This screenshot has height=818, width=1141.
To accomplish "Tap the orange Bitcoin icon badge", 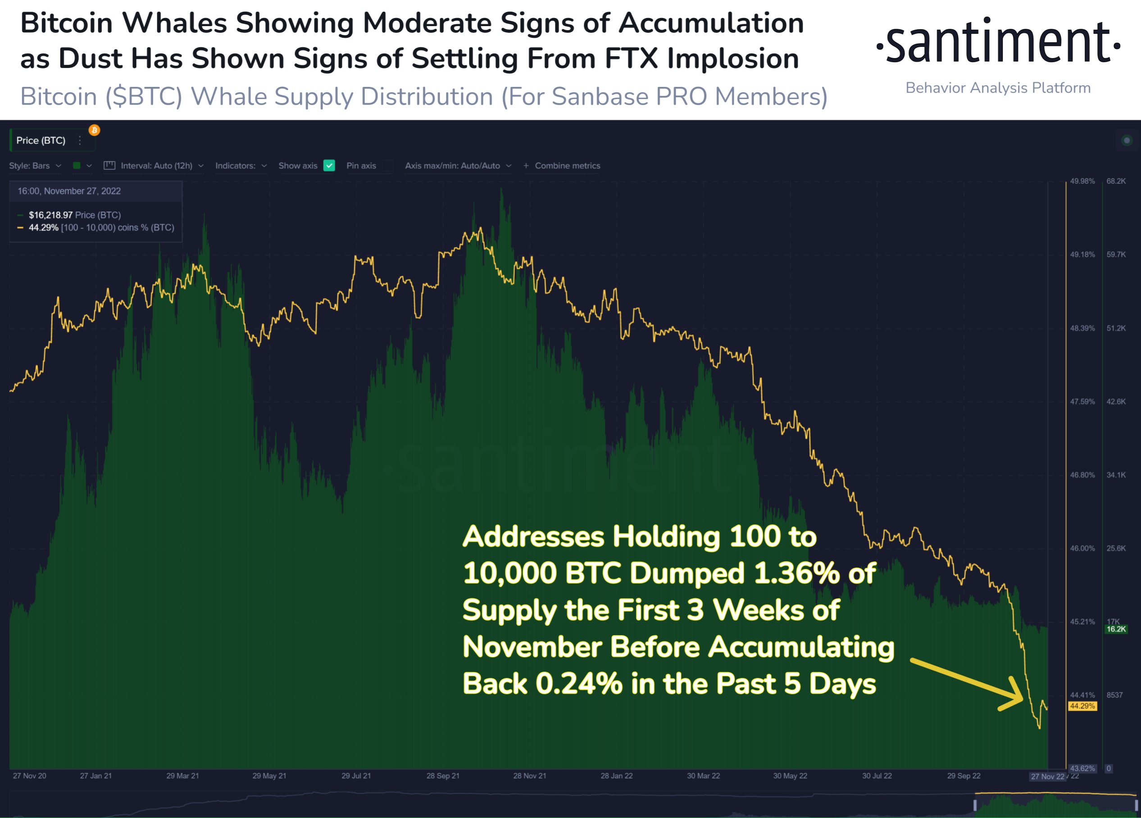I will [x=94, y=130].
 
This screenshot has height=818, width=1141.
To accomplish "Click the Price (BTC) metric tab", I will [x=41, y=141].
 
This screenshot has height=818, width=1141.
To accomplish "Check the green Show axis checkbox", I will [x=329, y=165].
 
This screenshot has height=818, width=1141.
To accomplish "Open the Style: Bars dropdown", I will [x=35, y=165].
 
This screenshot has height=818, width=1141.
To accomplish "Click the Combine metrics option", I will [x=567, y=165].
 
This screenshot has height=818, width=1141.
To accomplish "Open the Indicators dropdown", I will [x=241, y=165].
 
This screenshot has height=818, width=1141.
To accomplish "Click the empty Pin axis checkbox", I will [x=387, y=165].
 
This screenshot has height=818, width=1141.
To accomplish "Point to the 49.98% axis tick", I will [x=1082, y=181].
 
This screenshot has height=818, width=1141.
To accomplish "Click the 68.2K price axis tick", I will [x=1116, y=181].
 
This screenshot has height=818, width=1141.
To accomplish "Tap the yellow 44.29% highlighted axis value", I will [x=1082, y=706].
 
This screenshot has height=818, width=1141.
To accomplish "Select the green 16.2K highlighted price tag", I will [x=1116, y=629].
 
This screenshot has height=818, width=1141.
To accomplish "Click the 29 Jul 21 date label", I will [x=356, y=776].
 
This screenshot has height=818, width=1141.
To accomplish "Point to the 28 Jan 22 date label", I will [x=616, y=776].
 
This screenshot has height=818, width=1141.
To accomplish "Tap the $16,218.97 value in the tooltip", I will [x=51, y=215].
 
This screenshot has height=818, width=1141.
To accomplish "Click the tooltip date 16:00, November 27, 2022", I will [x=69, y=191].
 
